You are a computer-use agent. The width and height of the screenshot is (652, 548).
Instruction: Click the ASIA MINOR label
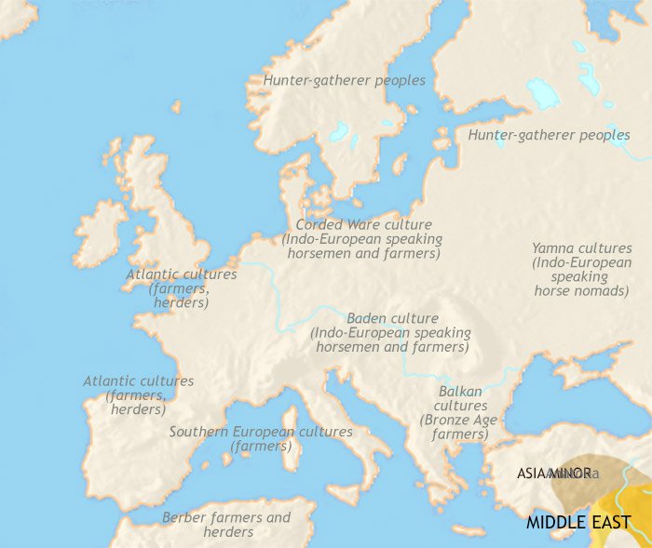[553, 474]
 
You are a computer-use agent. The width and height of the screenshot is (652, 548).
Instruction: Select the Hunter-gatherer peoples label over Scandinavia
[344, 81]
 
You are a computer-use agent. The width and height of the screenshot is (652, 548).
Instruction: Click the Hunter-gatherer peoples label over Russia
[549, 136]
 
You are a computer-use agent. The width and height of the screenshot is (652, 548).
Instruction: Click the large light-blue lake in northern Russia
[543, 92]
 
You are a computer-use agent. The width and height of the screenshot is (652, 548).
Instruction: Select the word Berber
[183, 517]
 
